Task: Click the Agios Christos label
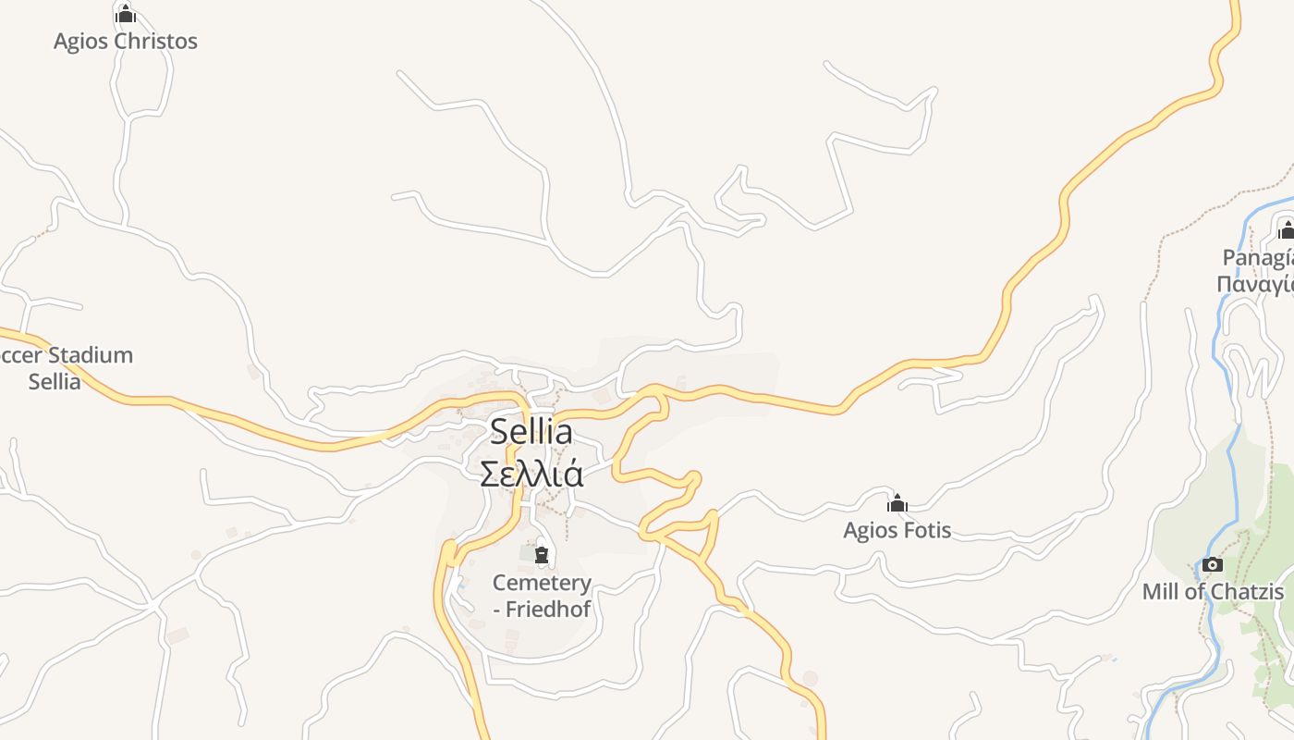point(126,42)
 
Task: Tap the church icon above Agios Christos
point(126,15)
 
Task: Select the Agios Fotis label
point(897,530)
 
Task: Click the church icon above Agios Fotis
point(897,503)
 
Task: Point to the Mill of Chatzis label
point(1213,592)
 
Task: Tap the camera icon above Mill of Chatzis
point(1213,564)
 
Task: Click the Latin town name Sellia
point(531,431)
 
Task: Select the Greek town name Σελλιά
point(531,473)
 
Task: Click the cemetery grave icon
point(542,555)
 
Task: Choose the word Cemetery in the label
point(542,583)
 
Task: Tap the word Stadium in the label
point(91,355)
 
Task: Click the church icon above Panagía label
point(1286,229)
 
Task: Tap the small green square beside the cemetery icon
point(526,554)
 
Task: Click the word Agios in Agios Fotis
point(870,530)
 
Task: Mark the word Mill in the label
point(1161,592)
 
